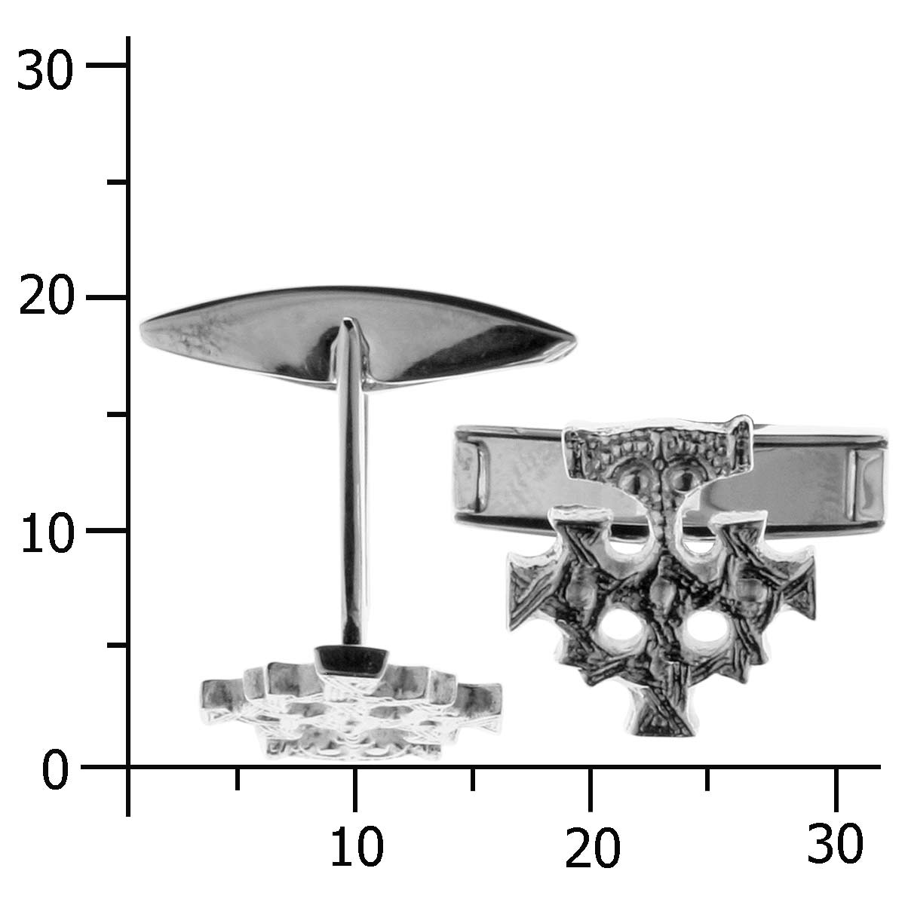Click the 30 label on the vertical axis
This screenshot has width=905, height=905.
click(x=45, y=70)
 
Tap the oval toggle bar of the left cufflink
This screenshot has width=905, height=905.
click(x=358, y=337)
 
